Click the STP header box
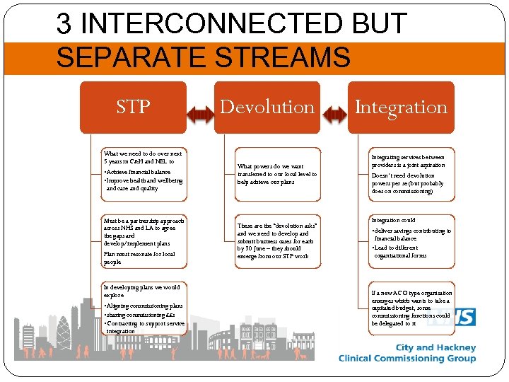click(133, 107)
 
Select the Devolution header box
click(267, 107)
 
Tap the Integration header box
click(401, 107)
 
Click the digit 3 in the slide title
click(64, 25)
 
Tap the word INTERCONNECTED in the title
click(212, 25)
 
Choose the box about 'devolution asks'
click(276, 241)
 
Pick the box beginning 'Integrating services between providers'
click(411, 174)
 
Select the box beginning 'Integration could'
click(411, 241)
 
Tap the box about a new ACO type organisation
click(411, 308)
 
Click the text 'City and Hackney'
click(435, 347)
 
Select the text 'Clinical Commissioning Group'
click(407, 359)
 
